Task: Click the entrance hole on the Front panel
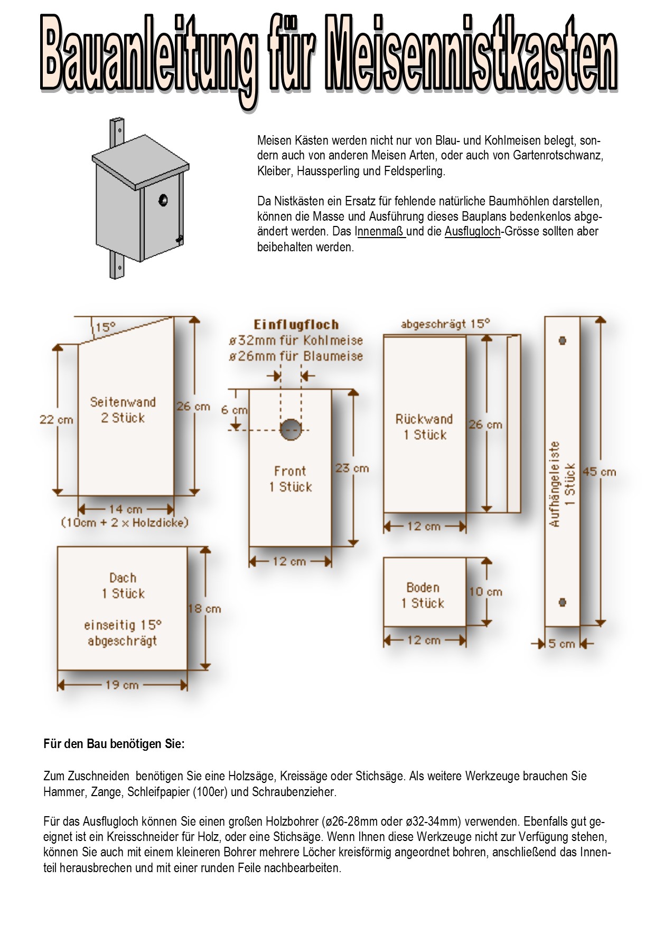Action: coord(291,429)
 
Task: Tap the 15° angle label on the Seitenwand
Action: coord(105,327)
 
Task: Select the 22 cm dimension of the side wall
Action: coord(56,420)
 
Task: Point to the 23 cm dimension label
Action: coord(352,468)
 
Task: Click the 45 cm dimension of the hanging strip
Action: coord(599,472)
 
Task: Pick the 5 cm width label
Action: coord(561,644)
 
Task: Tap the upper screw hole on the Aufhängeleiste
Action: coord(562,341)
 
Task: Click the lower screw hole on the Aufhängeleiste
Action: coord(562,602)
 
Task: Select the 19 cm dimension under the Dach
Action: coord(122,685)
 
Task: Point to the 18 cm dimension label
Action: coord(204,609)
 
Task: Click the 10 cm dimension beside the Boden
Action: coord(485,592)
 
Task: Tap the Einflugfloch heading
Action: coord(296,325)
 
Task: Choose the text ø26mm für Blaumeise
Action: coord(296,356)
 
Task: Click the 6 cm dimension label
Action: coord(234,410)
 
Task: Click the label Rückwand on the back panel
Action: coord(424,419)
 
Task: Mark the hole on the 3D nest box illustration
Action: coord(163,200)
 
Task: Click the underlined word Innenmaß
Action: coord(380,231)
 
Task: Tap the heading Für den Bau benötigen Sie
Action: coord(114,744)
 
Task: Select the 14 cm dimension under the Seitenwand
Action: coord(125,509)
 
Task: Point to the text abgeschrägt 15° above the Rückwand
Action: coord(445,324)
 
